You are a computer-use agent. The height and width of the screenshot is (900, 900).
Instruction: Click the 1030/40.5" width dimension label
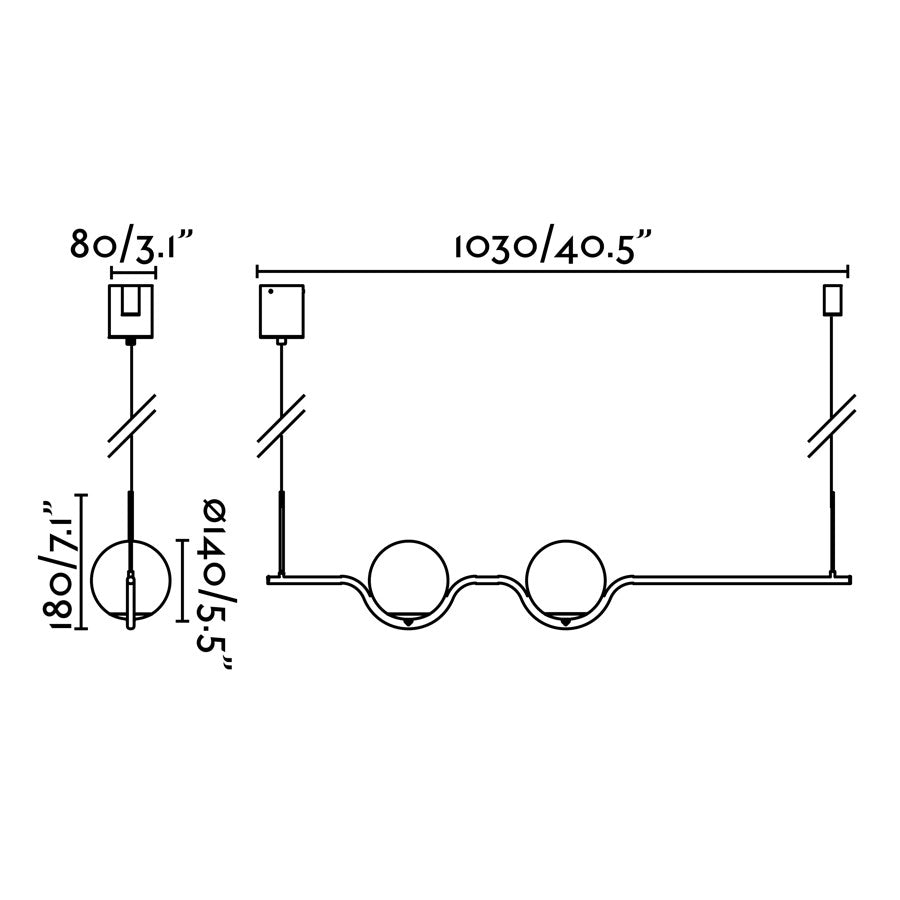pos(553,247)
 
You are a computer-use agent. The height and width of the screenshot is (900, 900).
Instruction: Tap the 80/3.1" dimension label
pos(130,244)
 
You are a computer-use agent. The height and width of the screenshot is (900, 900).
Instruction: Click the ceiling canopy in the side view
pos(130,310)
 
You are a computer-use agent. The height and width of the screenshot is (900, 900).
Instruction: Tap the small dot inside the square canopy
pos(269,294)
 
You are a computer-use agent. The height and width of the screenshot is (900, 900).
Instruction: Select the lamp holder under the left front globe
pos(407,620)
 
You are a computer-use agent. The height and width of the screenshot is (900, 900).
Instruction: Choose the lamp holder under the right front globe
pos(566,620)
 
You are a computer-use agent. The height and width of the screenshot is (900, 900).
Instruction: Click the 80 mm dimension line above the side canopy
pos(130,271)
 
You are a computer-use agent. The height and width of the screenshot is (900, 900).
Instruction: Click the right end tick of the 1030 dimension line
pos(848,271)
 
